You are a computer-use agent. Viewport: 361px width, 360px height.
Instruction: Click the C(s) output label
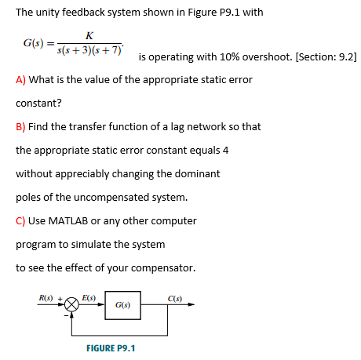point(174,296)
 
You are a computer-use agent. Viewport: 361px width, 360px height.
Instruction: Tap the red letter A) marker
point(20,80)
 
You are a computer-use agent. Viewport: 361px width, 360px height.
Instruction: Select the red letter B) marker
point(20,126)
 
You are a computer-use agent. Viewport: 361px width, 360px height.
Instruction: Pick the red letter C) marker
point(21,220)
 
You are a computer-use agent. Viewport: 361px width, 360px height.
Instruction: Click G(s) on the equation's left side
point(32,42)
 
